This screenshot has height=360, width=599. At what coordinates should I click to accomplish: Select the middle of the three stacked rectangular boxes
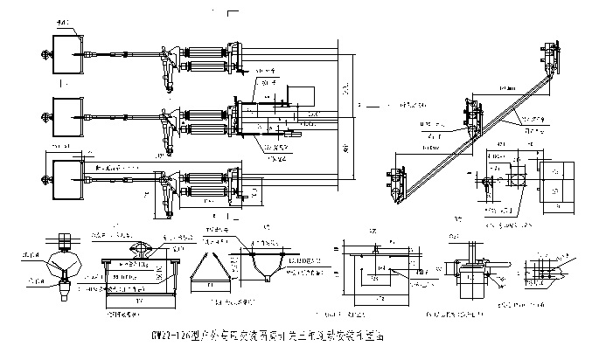coord(67,113)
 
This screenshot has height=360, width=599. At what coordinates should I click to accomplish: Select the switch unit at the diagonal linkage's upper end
coord(548,58)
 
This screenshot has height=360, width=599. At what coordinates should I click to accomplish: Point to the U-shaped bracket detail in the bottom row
coord(258,263)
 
